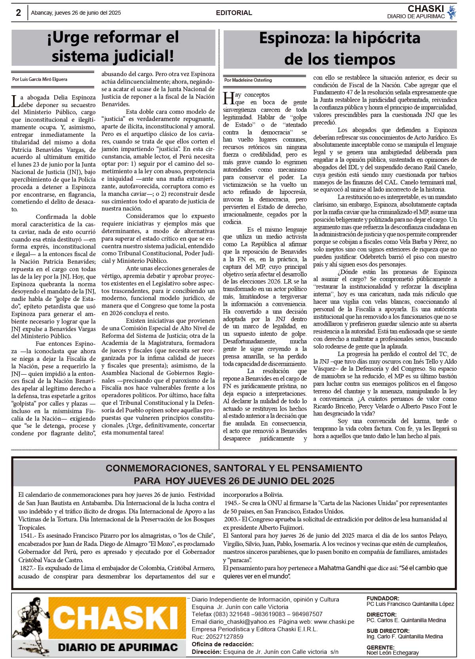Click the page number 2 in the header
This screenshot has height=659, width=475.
(18, 13)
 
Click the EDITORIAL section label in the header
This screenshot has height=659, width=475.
(234, 13)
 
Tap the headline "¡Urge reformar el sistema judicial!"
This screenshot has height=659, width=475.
(113, 47)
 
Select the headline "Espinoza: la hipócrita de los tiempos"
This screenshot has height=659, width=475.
(340, 49)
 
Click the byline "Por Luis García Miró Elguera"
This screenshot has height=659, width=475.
(40, 79)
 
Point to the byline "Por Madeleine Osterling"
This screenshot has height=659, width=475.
(248, 80)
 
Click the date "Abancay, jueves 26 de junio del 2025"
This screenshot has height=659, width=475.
(76, 13)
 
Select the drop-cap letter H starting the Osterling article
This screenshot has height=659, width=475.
(228, 98)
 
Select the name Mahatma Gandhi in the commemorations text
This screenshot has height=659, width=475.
(342, 568)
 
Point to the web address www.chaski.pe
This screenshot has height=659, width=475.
(334, 622)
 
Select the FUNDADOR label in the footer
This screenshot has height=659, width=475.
(383, 598)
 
